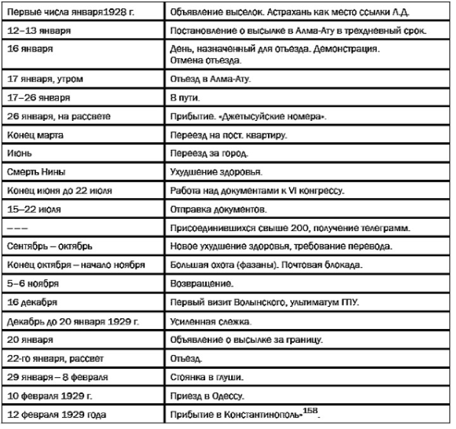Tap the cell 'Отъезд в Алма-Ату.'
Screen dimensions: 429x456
(x=210, y=80)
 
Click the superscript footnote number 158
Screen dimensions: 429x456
(x=311, y=410)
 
